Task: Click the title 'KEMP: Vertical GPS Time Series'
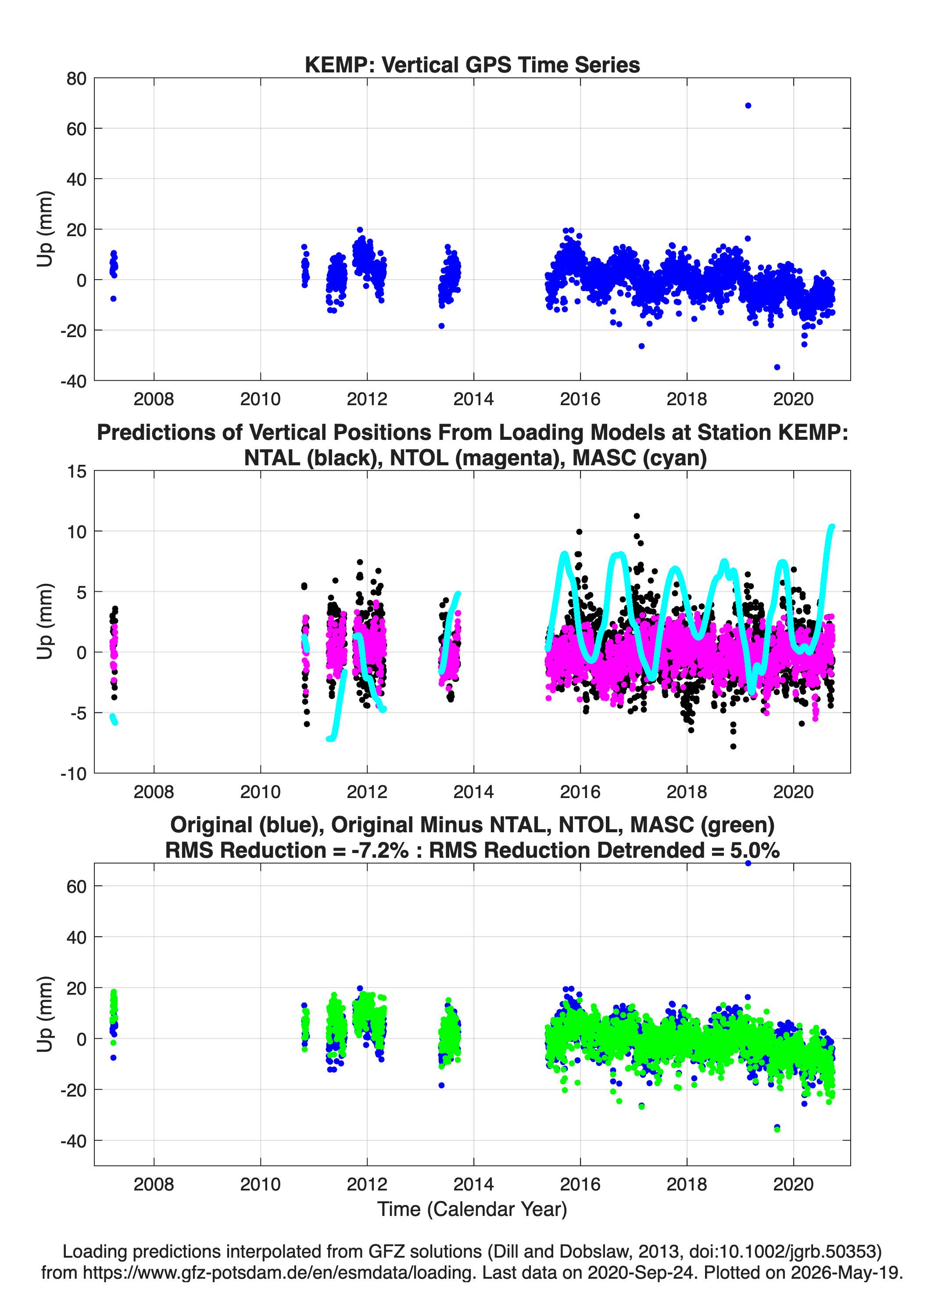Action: (472, 65)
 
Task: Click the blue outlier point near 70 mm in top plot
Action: (748, 106)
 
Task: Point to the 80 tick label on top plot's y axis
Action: (76, 79)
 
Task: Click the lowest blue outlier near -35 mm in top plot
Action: (777, 367)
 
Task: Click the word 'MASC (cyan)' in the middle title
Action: (640, 458)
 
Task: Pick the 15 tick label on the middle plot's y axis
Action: (77, 471)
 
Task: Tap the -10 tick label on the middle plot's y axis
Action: (73, 774)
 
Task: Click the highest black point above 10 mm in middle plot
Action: (637, 516)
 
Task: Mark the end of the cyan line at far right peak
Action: (832, 526)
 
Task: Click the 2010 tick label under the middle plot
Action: (260, 792)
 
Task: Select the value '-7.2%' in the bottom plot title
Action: (379, 850)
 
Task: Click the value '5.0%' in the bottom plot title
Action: (755, 850)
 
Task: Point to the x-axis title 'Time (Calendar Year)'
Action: (472, 1209)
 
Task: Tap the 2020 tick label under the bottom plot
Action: (793, 1184)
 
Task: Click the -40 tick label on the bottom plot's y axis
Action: (73, 1141)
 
